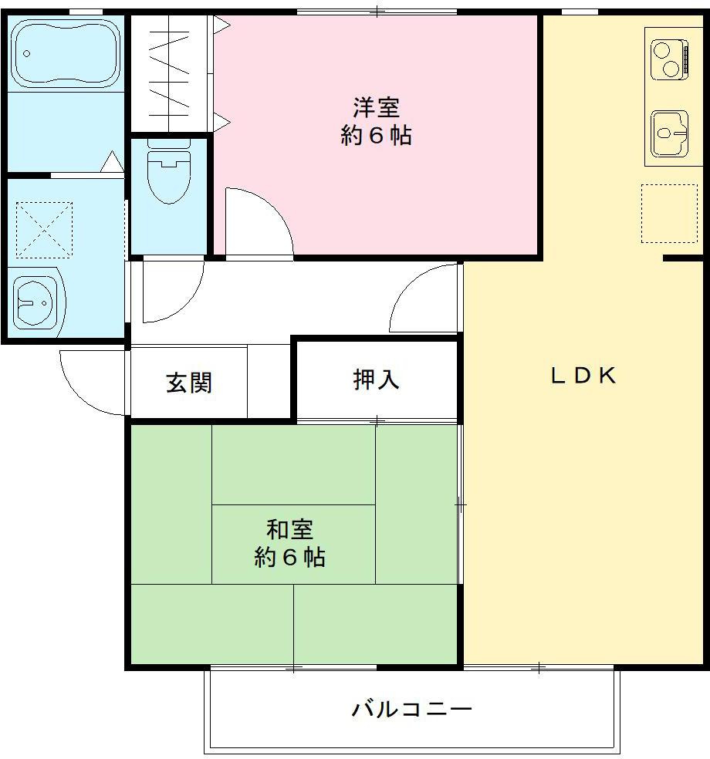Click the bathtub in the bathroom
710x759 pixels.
66,52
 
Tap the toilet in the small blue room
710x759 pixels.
168,174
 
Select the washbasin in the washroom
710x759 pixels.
36,301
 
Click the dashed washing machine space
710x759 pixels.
44,229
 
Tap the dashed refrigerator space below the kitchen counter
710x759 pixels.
668,213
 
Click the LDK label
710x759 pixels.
583,376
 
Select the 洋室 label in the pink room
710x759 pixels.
376,106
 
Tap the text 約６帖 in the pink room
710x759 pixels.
376,136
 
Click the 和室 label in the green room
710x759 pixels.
289,530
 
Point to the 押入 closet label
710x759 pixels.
376,379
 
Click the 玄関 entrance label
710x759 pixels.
189,383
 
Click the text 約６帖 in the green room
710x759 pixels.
289,557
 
